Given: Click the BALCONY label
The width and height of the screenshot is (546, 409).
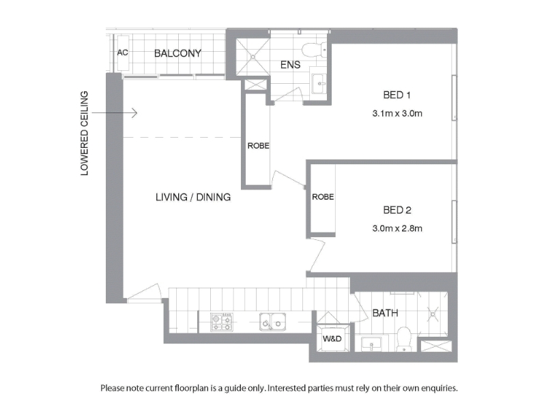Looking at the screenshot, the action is pyautogui.click(x=177, y=53).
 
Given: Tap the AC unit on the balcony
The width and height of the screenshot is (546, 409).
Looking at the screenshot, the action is pyautogui.click(x=123, y=53).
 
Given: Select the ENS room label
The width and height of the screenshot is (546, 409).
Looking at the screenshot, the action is pyautogui.click(x=291, y=65).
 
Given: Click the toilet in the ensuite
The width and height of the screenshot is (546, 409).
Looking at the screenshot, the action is pyautogui.click(x=314, y=50).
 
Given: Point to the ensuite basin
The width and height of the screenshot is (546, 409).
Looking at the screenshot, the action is pyautogui.click(x=319, y=83).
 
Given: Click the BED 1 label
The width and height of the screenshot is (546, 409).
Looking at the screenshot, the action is pyautogui.click(x=397, y=95).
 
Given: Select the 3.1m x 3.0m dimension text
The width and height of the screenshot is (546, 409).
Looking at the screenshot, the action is pyautogui.click(x=397, y=113).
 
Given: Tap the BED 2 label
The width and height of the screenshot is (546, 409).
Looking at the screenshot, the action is pyautogui.click(x=397, y=210).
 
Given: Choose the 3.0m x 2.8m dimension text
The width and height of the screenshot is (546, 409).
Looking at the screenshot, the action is pyautogui.click(x=397, y=228).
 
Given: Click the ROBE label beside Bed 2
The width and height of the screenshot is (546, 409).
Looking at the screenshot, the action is pyautogui.click(x=323, y=197).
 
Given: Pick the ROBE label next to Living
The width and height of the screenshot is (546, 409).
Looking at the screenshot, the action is pyautogui.click(x=259, y=146).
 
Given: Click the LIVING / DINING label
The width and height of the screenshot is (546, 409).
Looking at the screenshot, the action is pyautogui.click(x=193, y=197).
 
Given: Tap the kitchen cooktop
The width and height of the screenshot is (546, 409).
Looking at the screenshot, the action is pyautogui.click(x=222, y=322).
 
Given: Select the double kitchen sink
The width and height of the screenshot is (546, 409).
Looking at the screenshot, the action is pyautogui.click(x=272, y=322).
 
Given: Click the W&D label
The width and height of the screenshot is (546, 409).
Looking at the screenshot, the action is pyautogui.click(x=332, y=339).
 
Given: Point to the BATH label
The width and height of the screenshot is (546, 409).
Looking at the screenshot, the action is pyautogui.click(x=385, y=313).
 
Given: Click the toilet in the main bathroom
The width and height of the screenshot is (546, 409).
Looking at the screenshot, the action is pyautogui.click(x=404, y=339).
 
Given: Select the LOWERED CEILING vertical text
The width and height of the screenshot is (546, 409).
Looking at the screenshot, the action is pyautogui.click(x=85, y=133).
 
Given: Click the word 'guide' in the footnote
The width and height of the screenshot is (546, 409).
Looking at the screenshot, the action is pyautogui.click(x=235, y=388).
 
